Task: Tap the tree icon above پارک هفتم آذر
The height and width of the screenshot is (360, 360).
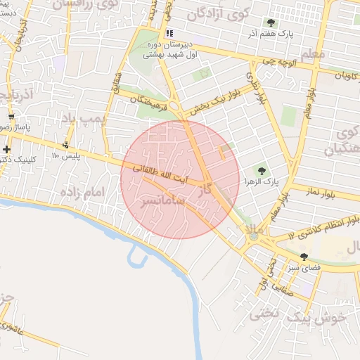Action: [271, 22]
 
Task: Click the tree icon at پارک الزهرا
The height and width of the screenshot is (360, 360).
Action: [262, 171]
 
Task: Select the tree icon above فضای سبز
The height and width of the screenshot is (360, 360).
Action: [304, 257]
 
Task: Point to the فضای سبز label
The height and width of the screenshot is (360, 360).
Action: [303, 269]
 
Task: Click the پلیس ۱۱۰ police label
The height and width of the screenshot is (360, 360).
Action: [66, 155]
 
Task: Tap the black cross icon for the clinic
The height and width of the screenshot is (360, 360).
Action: [6, 149]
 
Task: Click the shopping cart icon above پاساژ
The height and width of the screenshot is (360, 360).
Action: [11, 117]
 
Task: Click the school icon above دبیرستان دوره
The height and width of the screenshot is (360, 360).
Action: [169, 33]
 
